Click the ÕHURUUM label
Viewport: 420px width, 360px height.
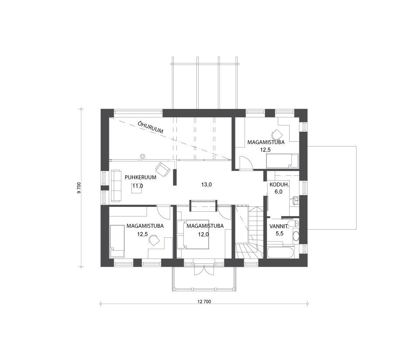tap(150, 127)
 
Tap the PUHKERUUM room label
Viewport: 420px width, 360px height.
tap(140, 177)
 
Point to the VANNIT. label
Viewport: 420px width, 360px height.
tap(279, 226)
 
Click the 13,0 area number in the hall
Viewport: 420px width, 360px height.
tap(206, 185)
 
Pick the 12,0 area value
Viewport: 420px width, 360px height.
tap(203, 234)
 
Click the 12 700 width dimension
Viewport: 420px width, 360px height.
tap(204, 302)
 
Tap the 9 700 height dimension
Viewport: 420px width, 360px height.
tap(79, 188)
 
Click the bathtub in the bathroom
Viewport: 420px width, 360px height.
tap(283, 252)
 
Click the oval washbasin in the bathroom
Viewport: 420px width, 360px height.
tap(295, 236)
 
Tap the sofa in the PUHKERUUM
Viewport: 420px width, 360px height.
tap(116, 185)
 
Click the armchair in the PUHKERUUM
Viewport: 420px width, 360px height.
tap(163, 170)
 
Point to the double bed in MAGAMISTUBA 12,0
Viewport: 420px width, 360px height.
tap(193, 234)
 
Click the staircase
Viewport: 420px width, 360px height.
tap(250, 232)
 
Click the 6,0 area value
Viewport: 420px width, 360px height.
tap(279, 192)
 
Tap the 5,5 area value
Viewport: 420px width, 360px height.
tap(280, 234)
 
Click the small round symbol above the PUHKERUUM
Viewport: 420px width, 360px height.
tap(143, 156)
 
